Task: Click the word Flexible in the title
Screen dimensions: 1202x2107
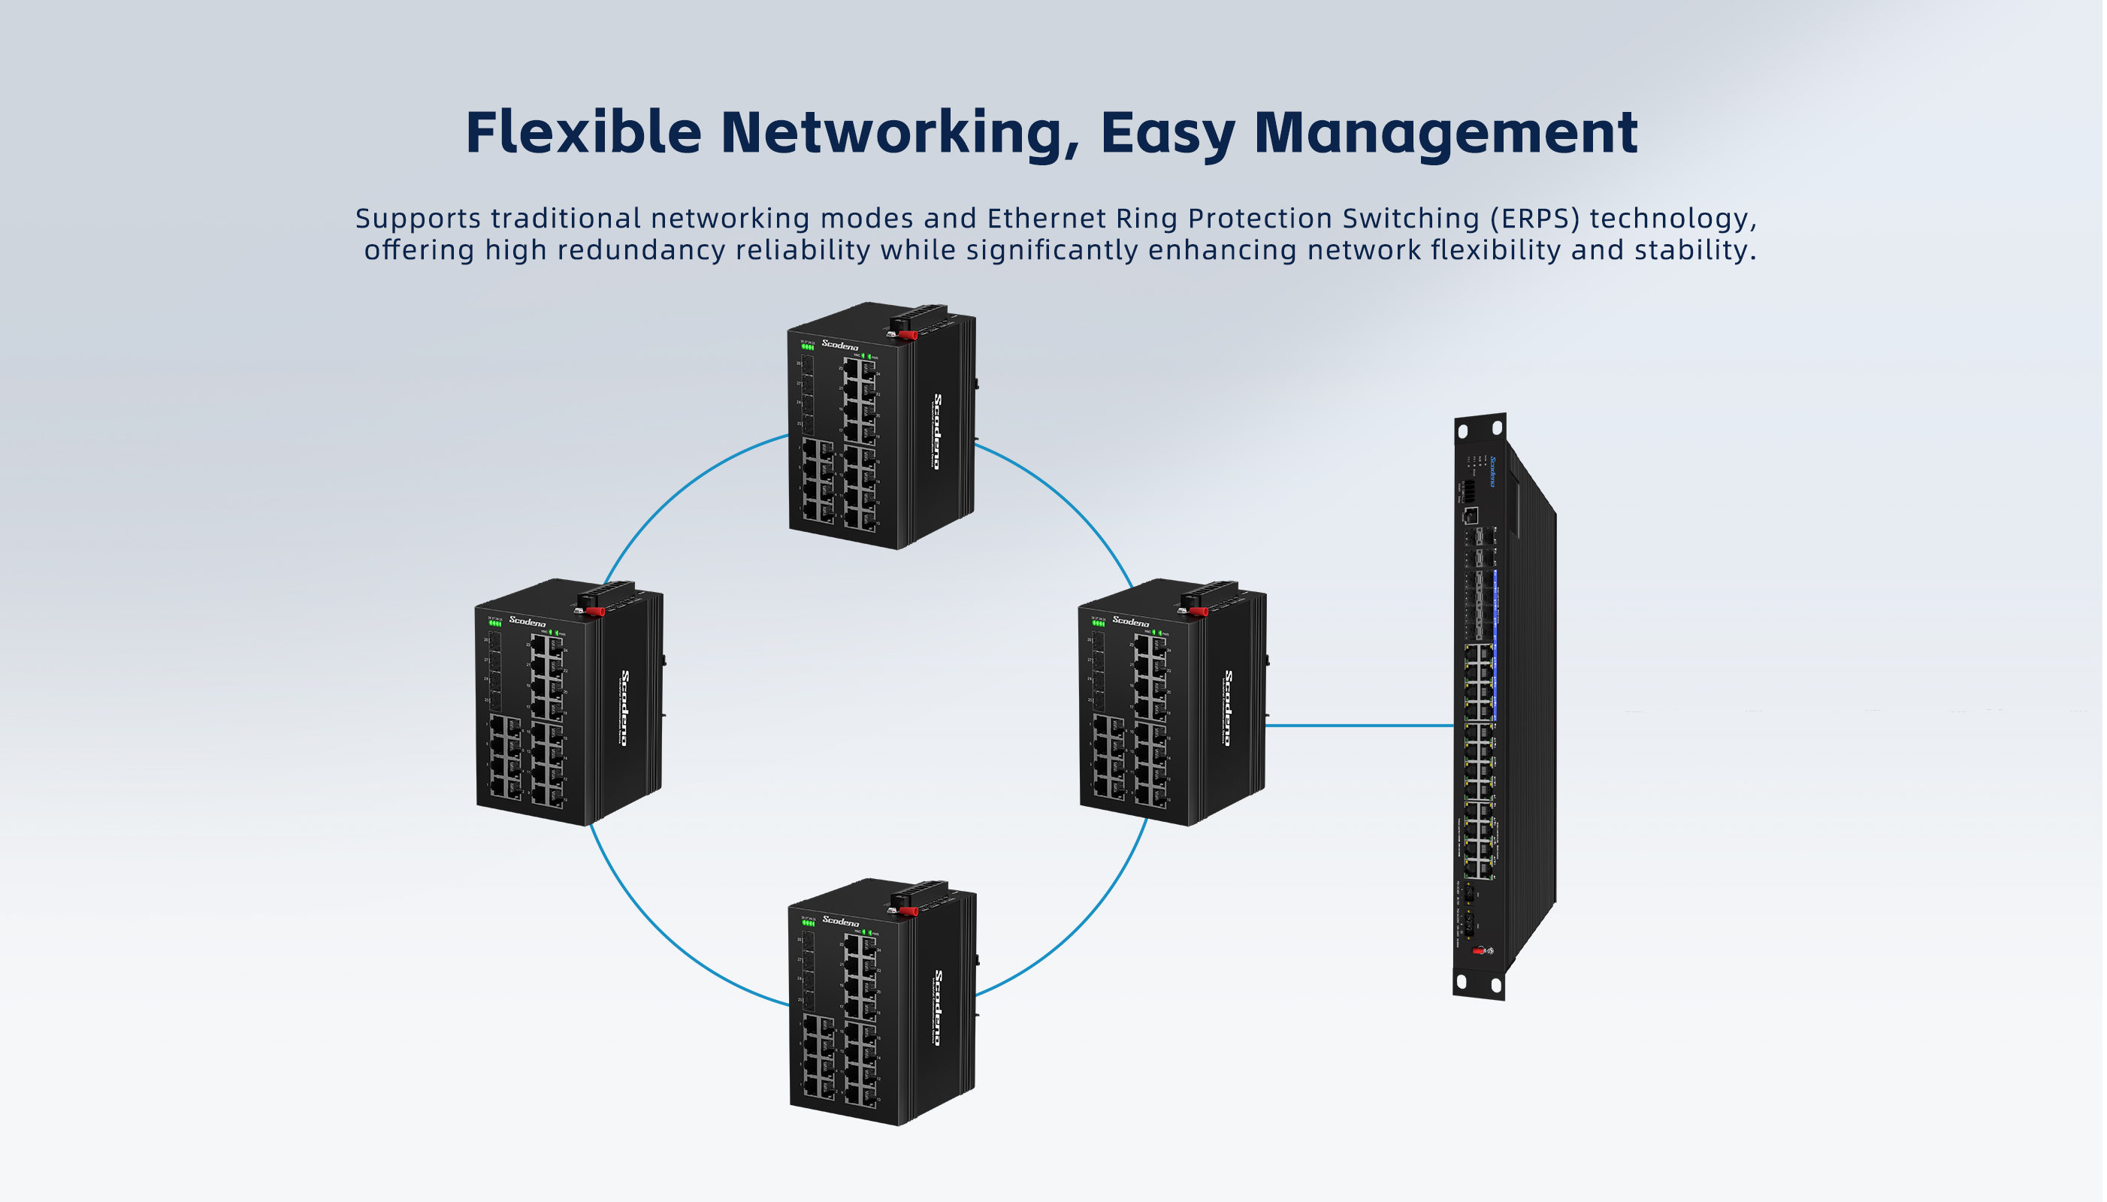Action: (583, 132)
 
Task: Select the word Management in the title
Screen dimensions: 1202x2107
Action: (1446, 132)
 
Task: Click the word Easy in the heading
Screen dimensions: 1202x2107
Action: (1168, 134)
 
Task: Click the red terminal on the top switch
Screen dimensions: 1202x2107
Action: (908, 336)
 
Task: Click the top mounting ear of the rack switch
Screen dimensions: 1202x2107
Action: (1480, 429)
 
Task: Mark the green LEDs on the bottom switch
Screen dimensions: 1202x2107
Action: (809, 924)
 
